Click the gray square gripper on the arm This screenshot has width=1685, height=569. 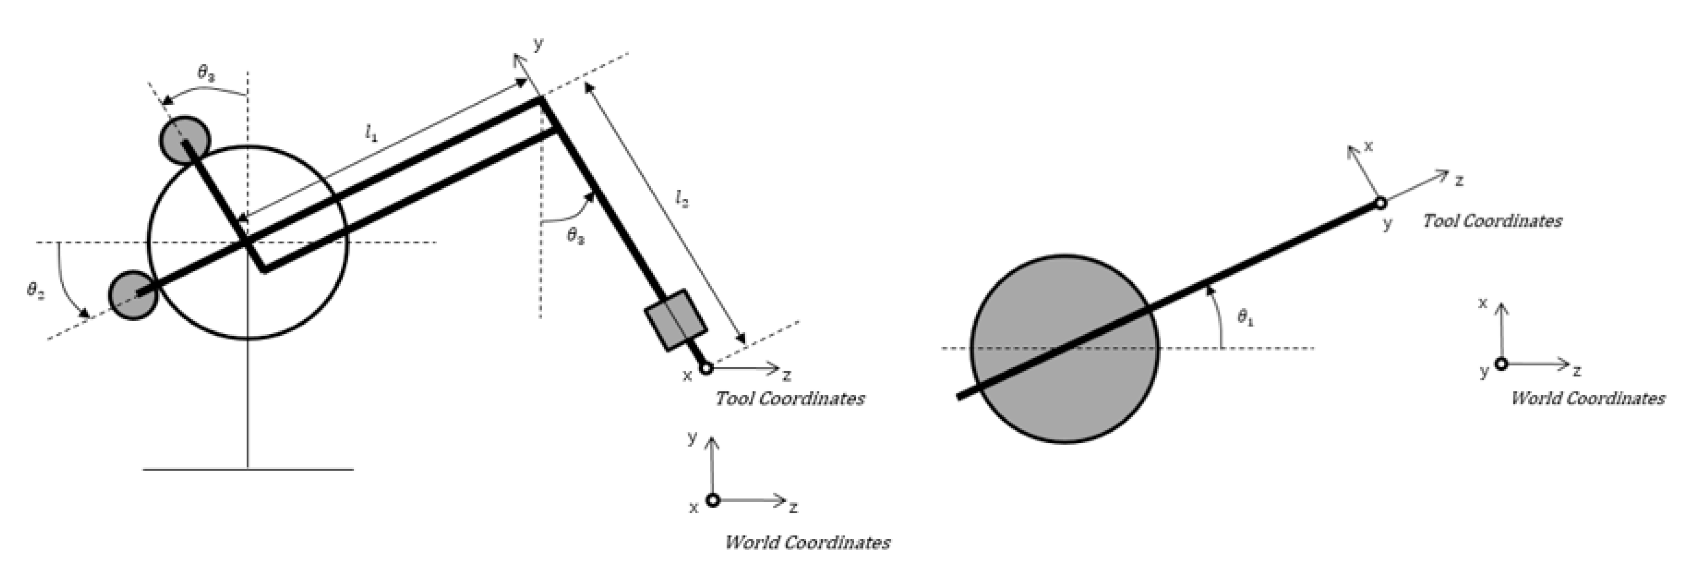[x=676, y=320]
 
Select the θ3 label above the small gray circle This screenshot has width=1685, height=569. [x=206, y=74]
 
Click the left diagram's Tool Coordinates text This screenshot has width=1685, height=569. [x=790, y=398]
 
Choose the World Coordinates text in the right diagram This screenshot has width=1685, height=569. [x=1588, y=398]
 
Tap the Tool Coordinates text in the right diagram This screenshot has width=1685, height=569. [x=1492, y=221]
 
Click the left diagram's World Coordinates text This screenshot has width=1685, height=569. [x=807, y=542]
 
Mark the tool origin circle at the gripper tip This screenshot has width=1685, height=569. [x=706, y=369]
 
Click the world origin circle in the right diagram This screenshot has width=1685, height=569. [x=1501, y=364]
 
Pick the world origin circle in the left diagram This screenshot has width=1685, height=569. [x=713, y=500]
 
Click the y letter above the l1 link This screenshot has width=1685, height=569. [x=538, y=44]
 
